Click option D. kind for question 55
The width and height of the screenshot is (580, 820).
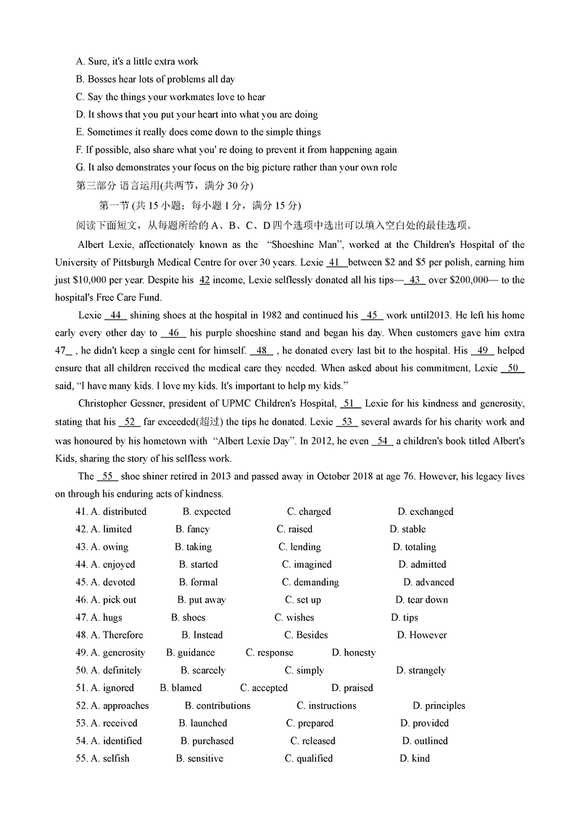click(x=415, y=758)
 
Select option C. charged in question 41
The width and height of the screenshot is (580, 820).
click(x=309, y=511)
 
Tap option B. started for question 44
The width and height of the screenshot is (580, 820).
click(x=198, y=564)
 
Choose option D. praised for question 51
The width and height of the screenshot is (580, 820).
click(x=352, y=688)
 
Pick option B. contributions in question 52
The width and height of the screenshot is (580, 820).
click(x=217, y=705)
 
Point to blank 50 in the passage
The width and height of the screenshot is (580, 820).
click(x=513, y=368)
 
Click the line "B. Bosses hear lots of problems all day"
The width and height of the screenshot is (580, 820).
click(x=155, y=79)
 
